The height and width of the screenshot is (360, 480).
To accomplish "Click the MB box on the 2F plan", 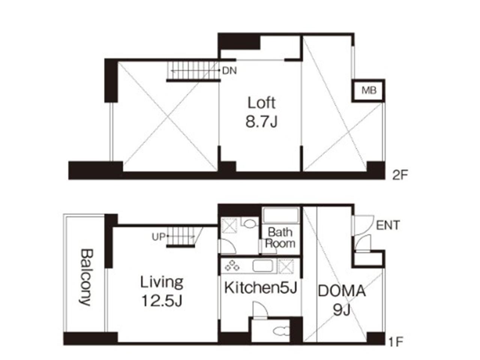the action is [368, 90].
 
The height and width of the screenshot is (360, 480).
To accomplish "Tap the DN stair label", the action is [229, 71].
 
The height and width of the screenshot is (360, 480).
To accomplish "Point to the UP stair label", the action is [159, 237].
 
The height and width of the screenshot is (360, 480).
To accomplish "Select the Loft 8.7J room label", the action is [261, 112].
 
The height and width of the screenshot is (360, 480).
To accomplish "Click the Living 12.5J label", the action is [162, 291].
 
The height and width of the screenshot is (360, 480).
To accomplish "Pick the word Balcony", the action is [86, 277].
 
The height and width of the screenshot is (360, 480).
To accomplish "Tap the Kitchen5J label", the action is [261, 288].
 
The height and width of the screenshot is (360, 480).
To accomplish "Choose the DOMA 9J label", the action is [342, 300].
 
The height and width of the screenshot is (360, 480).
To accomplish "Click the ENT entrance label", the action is [388, 225].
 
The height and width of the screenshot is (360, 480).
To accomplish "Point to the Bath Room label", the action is [280, 238].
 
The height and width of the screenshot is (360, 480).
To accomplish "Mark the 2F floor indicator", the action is [400, 175].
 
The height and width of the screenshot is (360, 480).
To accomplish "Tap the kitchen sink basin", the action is [262, 266].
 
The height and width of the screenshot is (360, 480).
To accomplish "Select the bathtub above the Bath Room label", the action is [281, 215].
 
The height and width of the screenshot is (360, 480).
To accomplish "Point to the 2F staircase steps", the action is [193, 70].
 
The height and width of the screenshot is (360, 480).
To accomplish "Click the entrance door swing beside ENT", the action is [363, 225].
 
